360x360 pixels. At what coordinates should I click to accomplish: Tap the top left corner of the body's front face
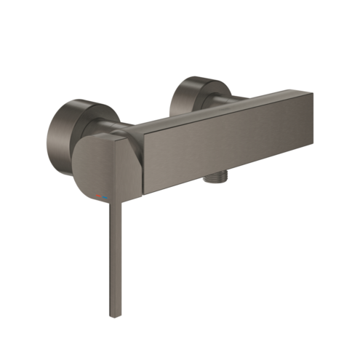tap(142, 135)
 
